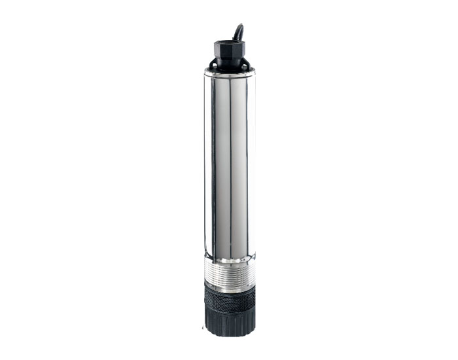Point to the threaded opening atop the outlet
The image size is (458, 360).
tap(228, 43)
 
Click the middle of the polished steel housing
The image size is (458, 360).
tap(229, 164)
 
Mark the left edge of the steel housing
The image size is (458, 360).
tap(205, 164)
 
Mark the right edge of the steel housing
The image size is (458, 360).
tap(254, 164)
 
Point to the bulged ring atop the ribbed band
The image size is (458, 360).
tap(229, 261)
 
